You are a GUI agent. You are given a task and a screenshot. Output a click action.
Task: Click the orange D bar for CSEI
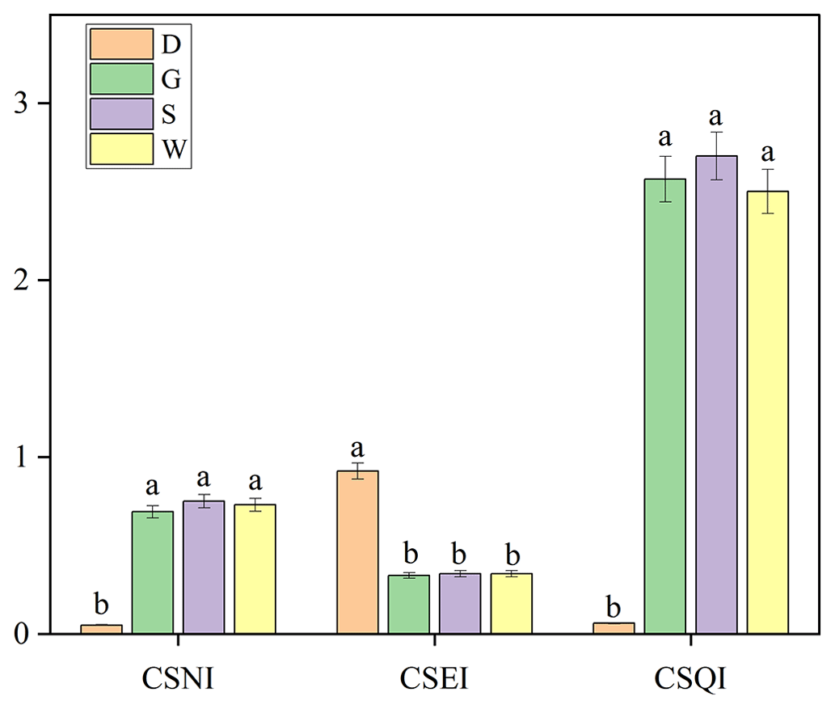(x=357, y=552)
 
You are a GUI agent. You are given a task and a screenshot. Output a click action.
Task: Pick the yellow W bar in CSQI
(x=767, y=412)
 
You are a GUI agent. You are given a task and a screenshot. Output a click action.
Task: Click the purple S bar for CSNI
(x=204, y=568)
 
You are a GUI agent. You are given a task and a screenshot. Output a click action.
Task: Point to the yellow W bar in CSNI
(x=255, y=569)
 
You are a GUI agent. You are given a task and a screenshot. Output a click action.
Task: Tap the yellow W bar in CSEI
(x=512, y=603)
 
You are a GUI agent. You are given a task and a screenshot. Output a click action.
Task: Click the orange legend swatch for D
(x=121, y=44)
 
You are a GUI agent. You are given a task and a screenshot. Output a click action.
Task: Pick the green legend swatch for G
(x=121, y=78)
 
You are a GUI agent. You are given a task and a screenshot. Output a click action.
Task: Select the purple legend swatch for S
(x=121, y=113)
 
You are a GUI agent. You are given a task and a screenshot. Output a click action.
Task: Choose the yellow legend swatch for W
(x=121, y=149)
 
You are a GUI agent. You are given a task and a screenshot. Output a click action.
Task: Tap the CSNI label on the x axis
(x=178, y=679)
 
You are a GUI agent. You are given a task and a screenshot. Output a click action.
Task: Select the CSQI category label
(x=691, y=679)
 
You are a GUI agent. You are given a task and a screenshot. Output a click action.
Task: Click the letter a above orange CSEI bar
(x=357, y=448)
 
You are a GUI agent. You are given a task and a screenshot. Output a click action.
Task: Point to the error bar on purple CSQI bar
(x=716, y=155)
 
